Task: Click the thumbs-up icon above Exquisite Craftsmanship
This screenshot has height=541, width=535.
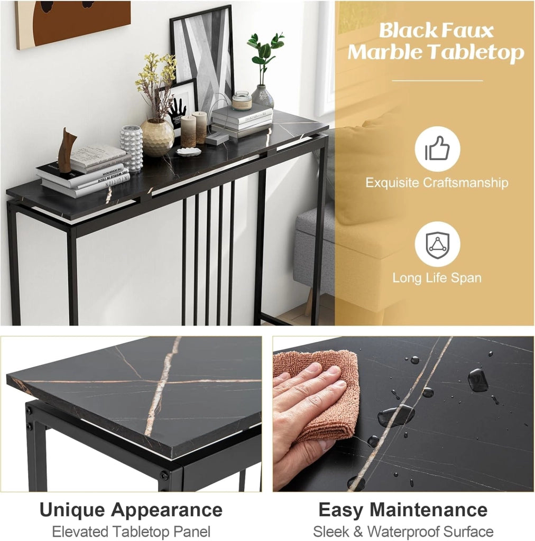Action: tap(437, 148)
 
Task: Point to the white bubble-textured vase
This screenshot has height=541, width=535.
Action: tap(131, 148)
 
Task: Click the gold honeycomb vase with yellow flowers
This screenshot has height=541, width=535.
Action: tap(157, 137)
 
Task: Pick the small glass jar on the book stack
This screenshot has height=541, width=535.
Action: tap(242, 100)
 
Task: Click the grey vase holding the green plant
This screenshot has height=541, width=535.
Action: tap(263, 96)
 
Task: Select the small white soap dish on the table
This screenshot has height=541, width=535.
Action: tap(188, 151)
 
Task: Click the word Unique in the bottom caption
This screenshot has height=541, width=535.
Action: tap(70, 510)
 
